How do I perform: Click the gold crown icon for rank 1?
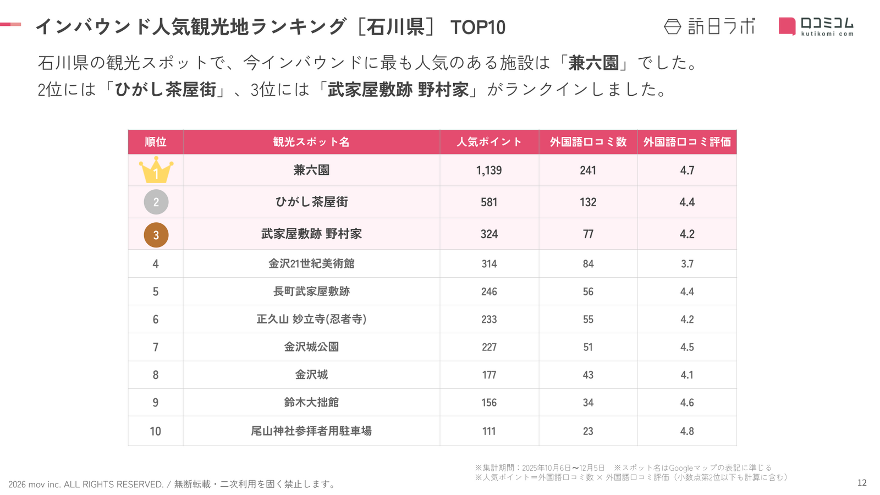coord(156,170)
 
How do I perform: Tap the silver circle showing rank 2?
coord(156,202)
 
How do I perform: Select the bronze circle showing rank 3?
coord(156,235)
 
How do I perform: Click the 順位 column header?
coord(156,142)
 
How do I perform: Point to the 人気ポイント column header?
coord(489,142)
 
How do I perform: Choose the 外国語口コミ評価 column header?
coord(687,142)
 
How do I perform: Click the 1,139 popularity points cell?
coord(489,170)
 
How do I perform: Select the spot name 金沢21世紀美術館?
coord(311,264)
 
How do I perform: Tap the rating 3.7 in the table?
coord(687,264)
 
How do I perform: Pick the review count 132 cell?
coord(588,202)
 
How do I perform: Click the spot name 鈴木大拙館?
coord(311,403)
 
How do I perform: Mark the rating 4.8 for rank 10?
coord(687,431)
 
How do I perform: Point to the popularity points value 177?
coord(489,375)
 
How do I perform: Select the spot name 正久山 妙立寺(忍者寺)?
coord(311,320)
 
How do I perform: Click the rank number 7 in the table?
coord(156,348)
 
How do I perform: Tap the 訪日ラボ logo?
coord(710,26)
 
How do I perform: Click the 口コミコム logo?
coord(816,26)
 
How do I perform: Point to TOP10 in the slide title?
coord(477,28)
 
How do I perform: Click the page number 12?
coord(862,483)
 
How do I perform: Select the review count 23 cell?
coord(588,431)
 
